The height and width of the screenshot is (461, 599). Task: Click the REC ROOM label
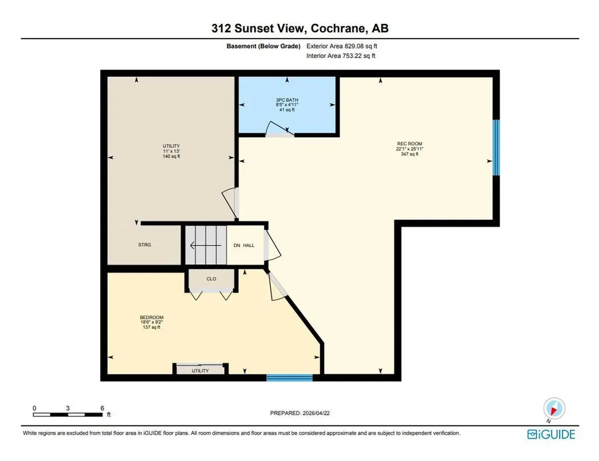pos(409,144)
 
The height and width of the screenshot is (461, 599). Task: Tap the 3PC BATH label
pos(287,100)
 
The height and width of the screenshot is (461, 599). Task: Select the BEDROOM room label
pos(152,317)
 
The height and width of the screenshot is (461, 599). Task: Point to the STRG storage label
pos(145,245)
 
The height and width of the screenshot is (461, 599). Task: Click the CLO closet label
pos(211,279)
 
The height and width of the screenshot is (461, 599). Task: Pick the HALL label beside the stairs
pos(249,245)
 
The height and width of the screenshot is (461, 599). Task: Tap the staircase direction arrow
pos(205,245)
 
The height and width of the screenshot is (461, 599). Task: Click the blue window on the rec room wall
pos(496,148)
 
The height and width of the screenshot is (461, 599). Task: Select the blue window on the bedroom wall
pos(290,378)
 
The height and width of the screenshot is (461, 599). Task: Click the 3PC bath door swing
pos(279,129)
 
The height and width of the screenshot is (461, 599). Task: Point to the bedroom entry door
pos(277,286)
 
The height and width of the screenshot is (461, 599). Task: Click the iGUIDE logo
pos(551,434)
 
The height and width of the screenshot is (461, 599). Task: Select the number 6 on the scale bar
pos(102,408)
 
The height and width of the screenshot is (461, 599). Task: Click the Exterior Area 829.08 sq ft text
pos(342,46)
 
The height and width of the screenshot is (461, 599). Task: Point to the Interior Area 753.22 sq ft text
pos(341,56)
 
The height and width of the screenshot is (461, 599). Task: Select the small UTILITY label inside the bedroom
pos(200,370)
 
